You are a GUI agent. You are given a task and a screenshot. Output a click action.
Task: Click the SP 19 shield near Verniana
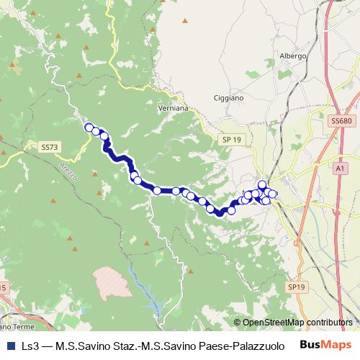(x=231, y=139)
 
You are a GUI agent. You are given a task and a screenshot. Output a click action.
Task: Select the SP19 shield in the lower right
(x=297, y=287)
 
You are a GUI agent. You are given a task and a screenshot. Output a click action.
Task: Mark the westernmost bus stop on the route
(x=89, y=127)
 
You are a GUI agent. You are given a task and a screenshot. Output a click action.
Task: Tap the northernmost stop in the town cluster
(x=262, y=185)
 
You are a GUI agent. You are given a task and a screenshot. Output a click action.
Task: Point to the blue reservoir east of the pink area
(x=135, y=277)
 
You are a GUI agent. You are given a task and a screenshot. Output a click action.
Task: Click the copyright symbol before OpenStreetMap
(x=238, y=323)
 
